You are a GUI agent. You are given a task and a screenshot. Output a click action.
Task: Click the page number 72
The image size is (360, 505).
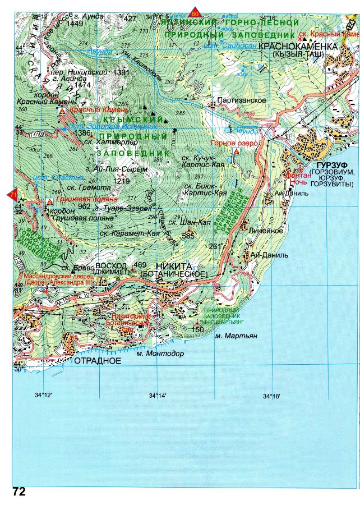coord(19,491)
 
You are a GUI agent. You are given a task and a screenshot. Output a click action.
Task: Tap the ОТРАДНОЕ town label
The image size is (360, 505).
coord(98,361)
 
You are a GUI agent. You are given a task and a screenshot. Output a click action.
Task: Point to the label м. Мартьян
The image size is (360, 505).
coord(236,336)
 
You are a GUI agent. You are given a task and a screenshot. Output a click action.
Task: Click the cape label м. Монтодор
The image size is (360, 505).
coord(160,353)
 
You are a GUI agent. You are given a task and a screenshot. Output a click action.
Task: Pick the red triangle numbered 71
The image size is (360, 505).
coord(11,194)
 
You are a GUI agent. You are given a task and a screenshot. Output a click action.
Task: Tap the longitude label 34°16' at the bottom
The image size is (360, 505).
coord(271,396)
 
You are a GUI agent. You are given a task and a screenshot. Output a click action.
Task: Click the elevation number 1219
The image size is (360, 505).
coord(121,181)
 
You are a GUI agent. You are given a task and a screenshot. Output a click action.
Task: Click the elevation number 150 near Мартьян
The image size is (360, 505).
coord(197,329)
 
